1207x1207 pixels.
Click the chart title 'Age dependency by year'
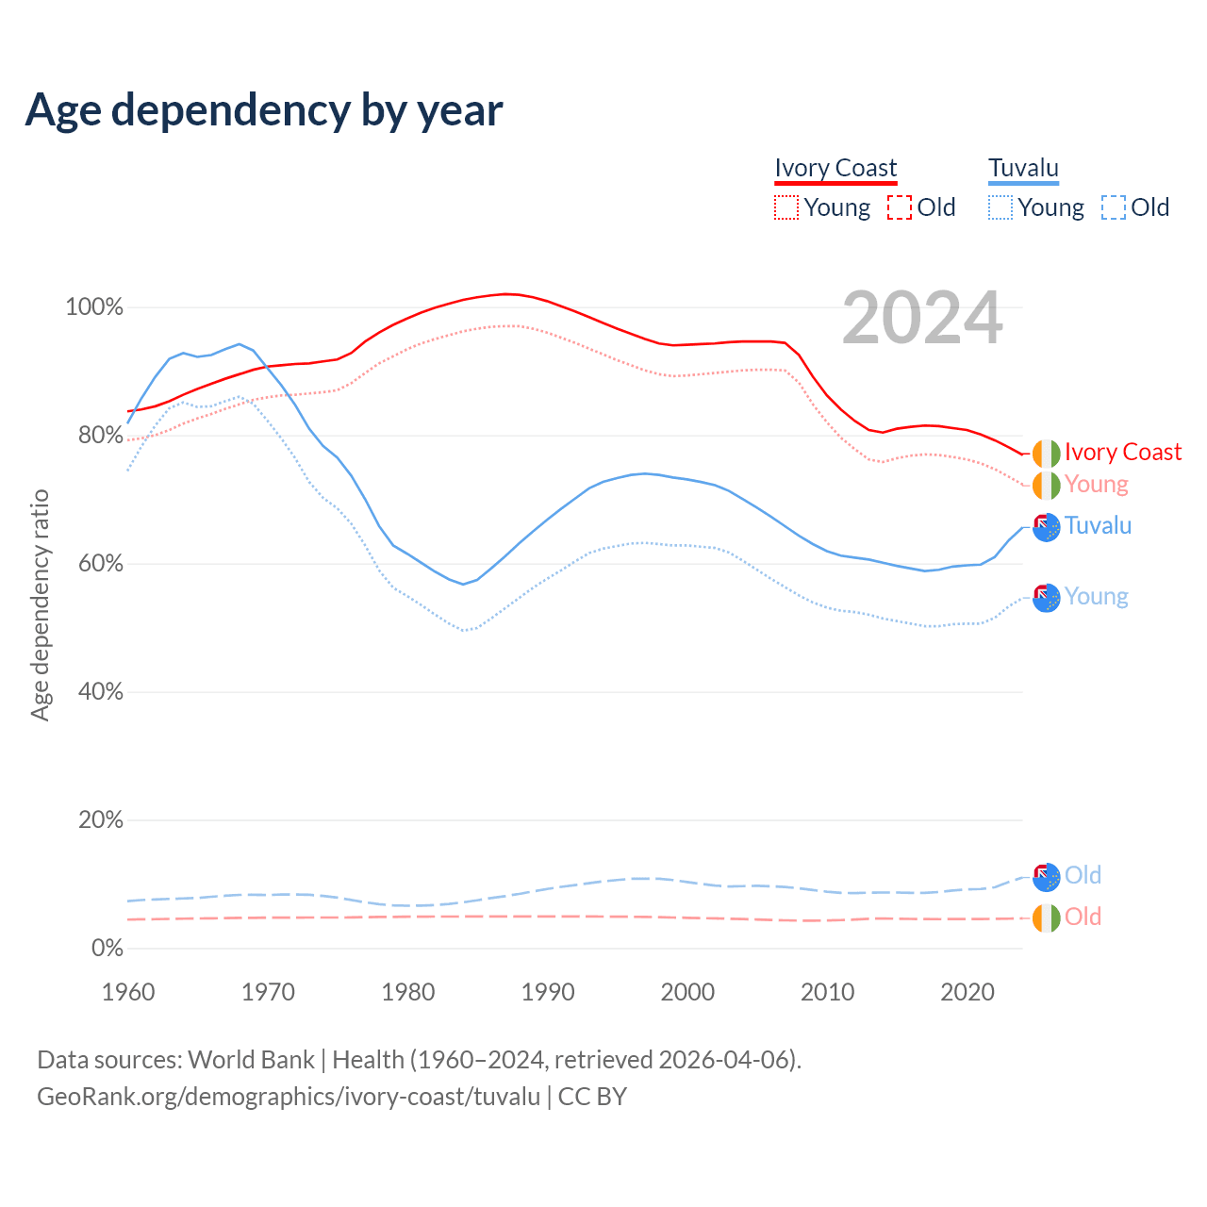[264, 110]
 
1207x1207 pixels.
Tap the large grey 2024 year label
[922, 319]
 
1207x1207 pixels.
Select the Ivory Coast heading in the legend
[835, 168]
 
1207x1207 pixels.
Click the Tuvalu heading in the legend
[1023, 168]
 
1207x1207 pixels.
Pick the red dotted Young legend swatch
[785, 207]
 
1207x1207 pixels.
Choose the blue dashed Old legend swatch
[1113, 207]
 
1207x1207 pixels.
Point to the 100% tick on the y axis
[94, 307]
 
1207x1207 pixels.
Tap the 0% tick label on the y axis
[107, 949]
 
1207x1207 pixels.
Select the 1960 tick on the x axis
[128, 992]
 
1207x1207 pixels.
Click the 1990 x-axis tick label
[548, 992]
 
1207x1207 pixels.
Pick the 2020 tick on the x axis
[967, 992]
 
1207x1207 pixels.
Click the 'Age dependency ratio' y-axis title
[40, 605]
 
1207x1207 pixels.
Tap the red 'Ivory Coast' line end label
[1122, 453]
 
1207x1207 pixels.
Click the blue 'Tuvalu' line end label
[1098, 525]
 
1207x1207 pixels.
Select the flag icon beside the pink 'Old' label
[1046, 918]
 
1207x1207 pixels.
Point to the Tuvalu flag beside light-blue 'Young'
[1046, 597]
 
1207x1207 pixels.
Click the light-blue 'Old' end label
[1083, 875]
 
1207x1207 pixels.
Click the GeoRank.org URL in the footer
[289, 1097]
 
